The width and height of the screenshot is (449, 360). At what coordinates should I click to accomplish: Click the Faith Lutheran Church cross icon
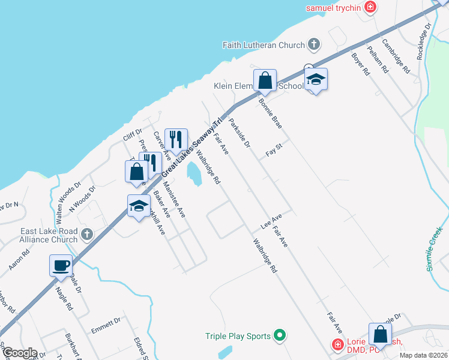pos(314,44)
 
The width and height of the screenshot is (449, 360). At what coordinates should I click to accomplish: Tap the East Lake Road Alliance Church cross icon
pos(88,233)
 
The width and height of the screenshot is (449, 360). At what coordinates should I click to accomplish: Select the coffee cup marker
pos(61,265)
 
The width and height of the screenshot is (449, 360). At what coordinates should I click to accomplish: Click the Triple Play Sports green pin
pos(279,336)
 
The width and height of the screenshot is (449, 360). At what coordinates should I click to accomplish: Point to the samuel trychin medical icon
pos(371,8)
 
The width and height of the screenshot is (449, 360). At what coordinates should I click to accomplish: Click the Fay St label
pos(274,150)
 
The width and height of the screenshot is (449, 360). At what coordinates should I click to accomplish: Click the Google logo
pos(20,353)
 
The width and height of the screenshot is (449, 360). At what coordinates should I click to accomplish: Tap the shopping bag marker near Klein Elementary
pos(264,80)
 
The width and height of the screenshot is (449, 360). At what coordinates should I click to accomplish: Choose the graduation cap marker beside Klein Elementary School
pos(315,80)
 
